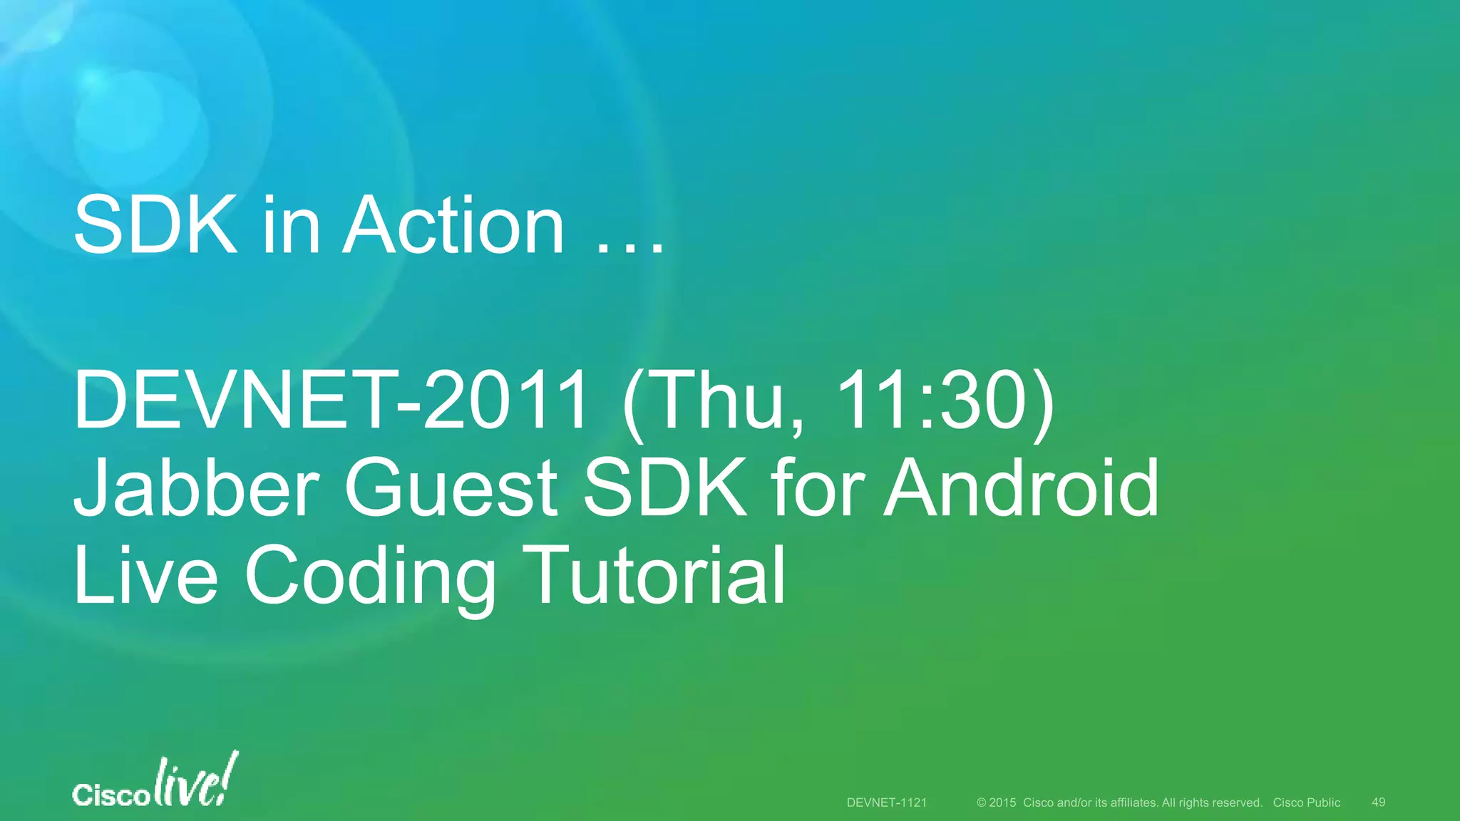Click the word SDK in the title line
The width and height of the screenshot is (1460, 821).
155,227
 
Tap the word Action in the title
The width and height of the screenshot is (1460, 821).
453,227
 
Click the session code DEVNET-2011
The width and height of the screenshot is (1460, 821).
331,401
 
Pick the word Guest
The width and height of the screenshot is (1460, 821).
451,489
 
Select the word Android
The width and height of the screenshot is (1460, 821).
1021,489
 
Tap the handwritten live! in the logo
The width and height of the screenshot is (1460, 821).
195,783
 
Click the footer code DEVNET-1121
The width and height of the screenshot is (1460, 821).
886,802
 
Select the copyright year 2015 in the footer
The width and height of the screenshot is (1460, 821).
1002,802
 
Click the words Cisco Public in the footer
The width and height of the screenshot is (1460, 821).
1306,802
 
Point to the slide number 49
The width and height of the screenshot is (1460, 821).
1378,802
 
